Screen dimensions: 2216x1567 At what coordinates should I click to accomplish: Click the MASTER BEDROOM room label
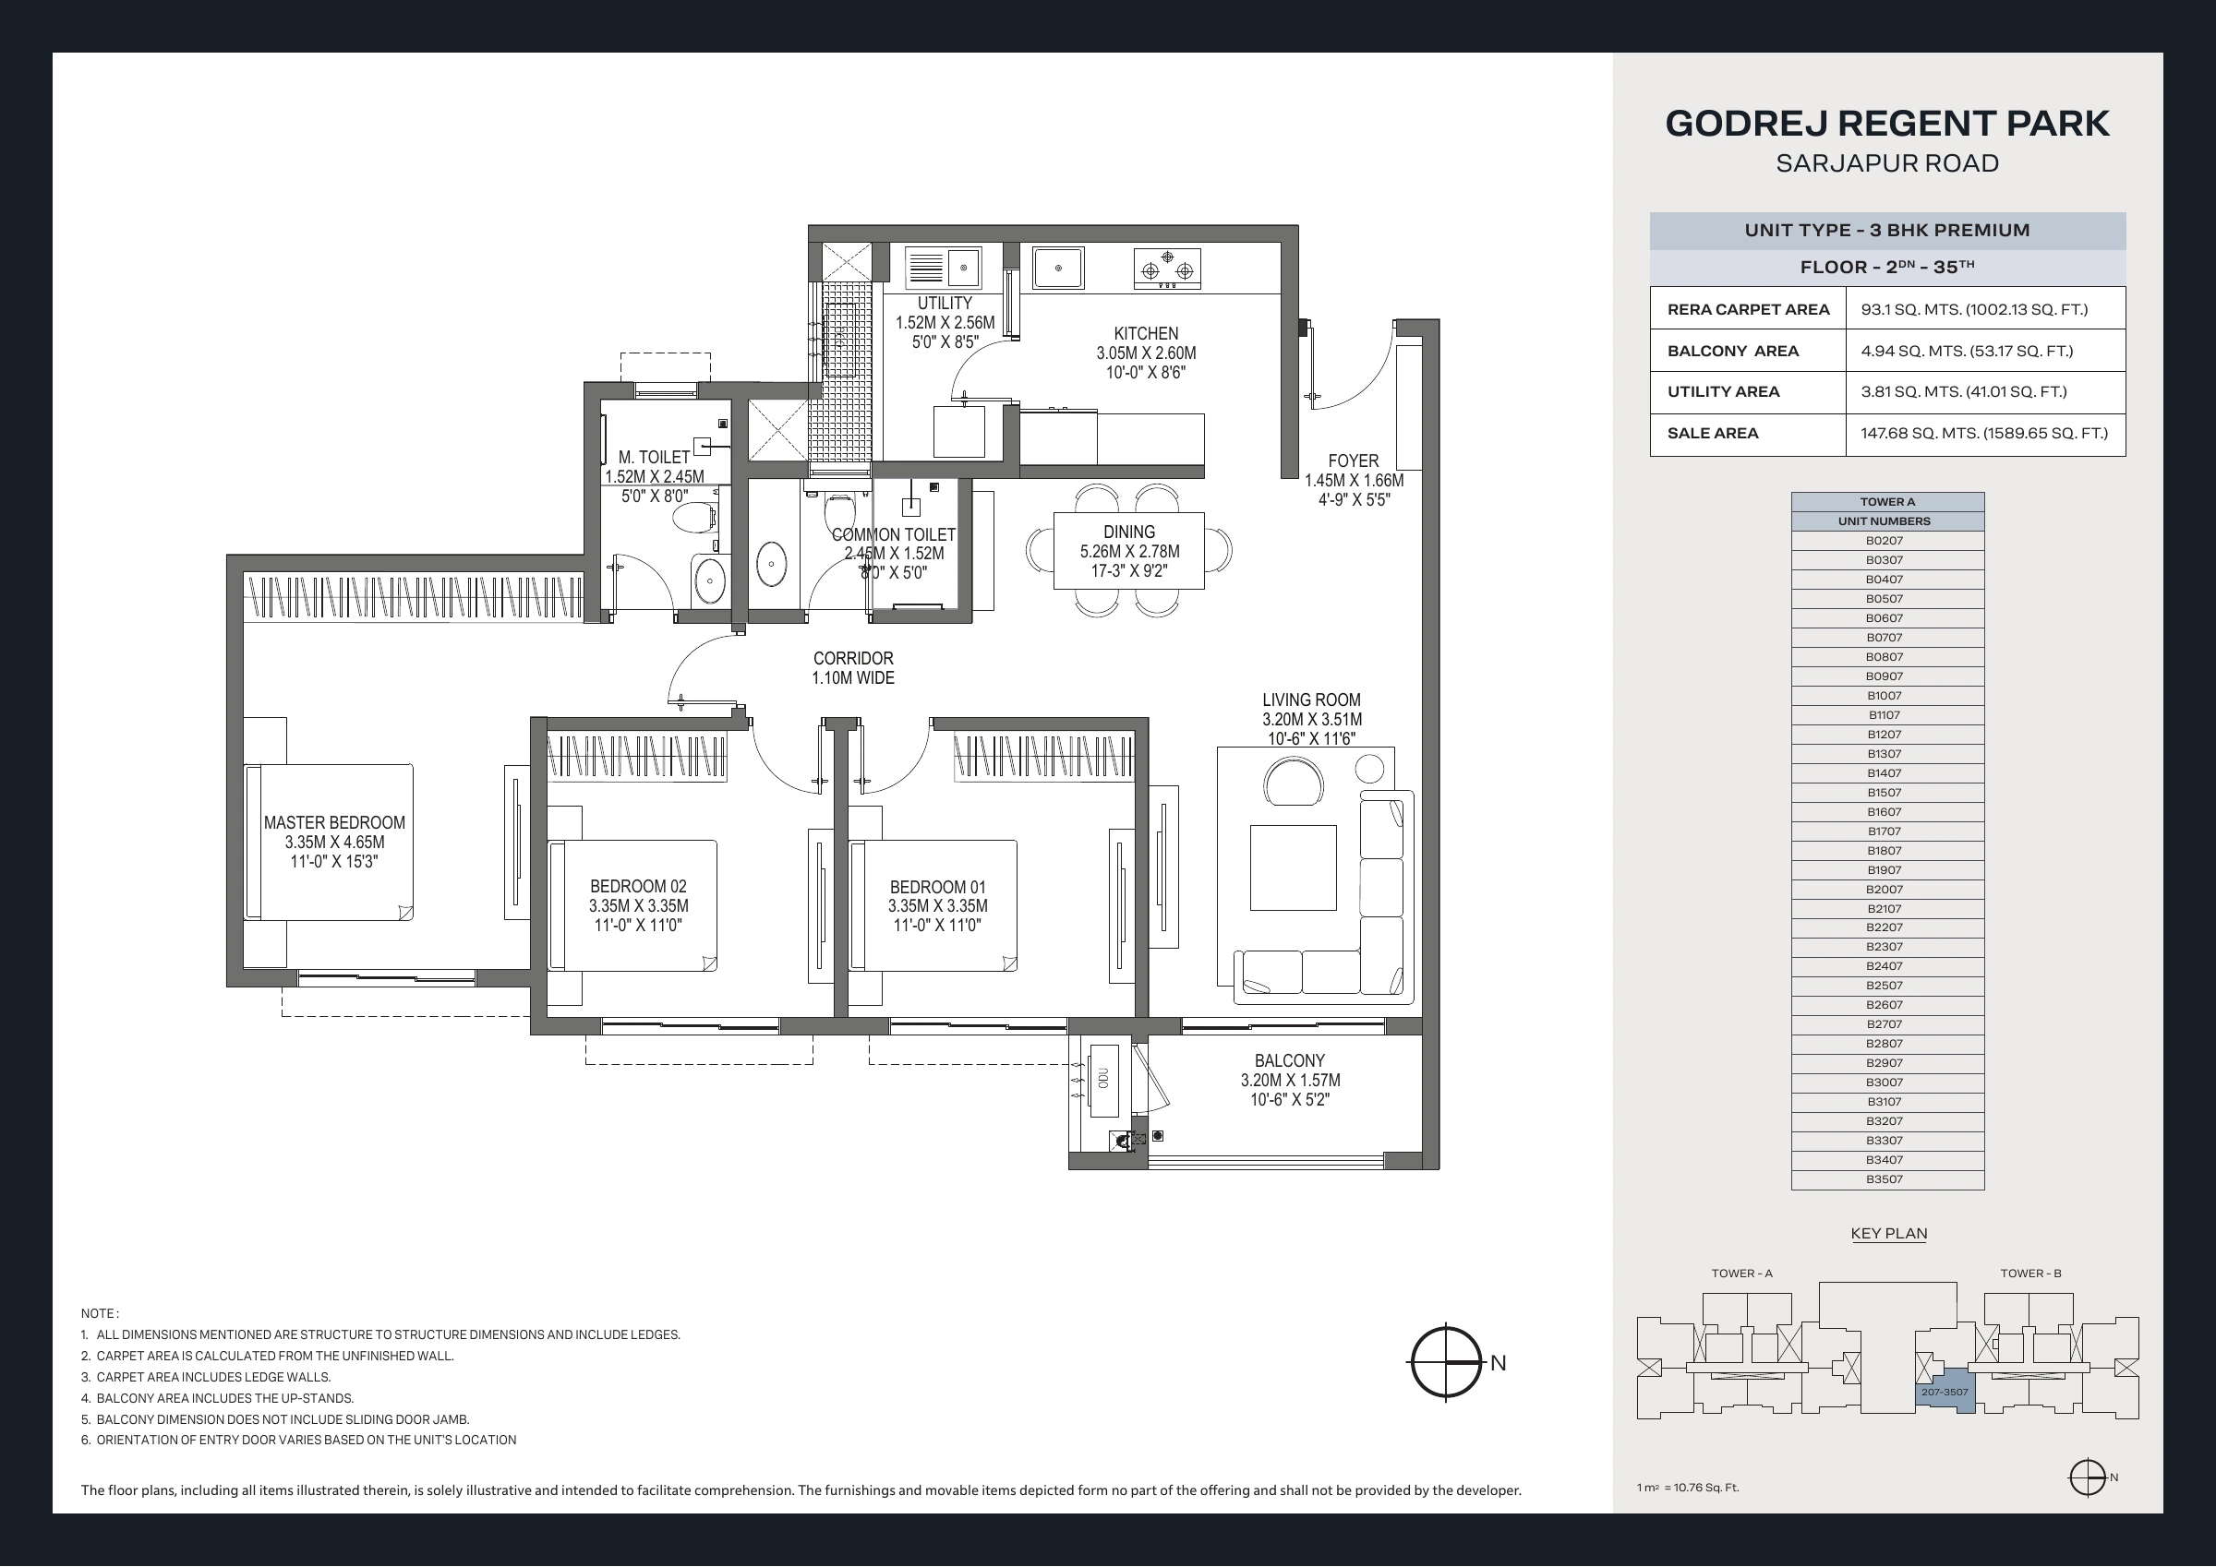tap(334, 823)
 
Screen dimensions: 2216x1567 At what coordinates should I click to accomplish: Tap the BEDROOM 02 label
tap(638, 887)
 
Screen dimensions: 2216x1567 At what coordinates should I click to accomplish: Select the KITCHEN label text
tap(1146, 334)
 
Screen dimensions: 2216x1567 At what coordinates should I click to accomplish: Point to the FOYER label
tap(1354, 461)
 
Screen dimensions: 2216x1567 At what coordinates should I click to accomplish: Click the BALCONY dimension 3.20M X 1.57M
tap(1291, 1081)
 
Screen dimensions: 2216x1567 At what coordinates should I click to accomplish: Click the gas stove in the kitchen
tap(1168, 269)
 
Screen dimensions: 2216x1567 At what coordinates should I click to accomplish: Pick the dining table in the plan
tap(1129, 550)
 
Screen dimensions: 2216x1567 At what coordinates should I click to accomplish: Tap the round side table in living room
tap(1369, 769)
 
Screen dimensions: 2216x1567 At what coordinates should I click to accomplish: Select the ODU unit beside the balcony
tap(1103, 1081)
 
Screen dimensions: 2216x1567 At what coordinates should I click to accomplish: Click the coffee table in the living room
tap(1294, 867)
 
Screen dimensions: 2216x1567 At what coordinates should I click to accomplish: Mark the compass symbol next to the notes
tap(1447, 1362)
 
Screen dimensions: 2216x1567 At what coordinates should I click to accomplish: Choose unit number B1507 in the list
tap(1884, 793)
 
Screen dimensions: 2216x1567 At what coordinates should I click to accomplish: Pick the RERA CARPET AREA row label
tap(1749, 310)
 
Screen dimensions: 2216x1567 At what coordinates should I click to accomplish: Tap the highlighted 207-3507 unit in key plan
tap(1945, 1392)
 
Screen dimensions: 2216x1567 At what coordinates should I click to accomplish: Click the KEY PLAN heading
tap(1889, 1234)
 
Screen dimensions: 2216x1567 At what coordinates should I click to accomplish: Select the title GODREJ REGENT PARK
tap(1888, 124)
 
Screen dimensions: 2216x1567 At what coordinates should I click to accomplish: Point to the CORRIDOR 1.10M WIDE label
tap(853, 669)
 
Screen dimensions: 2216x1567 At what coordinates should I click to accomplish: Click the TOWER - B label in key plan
tap(2030, 1274)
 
